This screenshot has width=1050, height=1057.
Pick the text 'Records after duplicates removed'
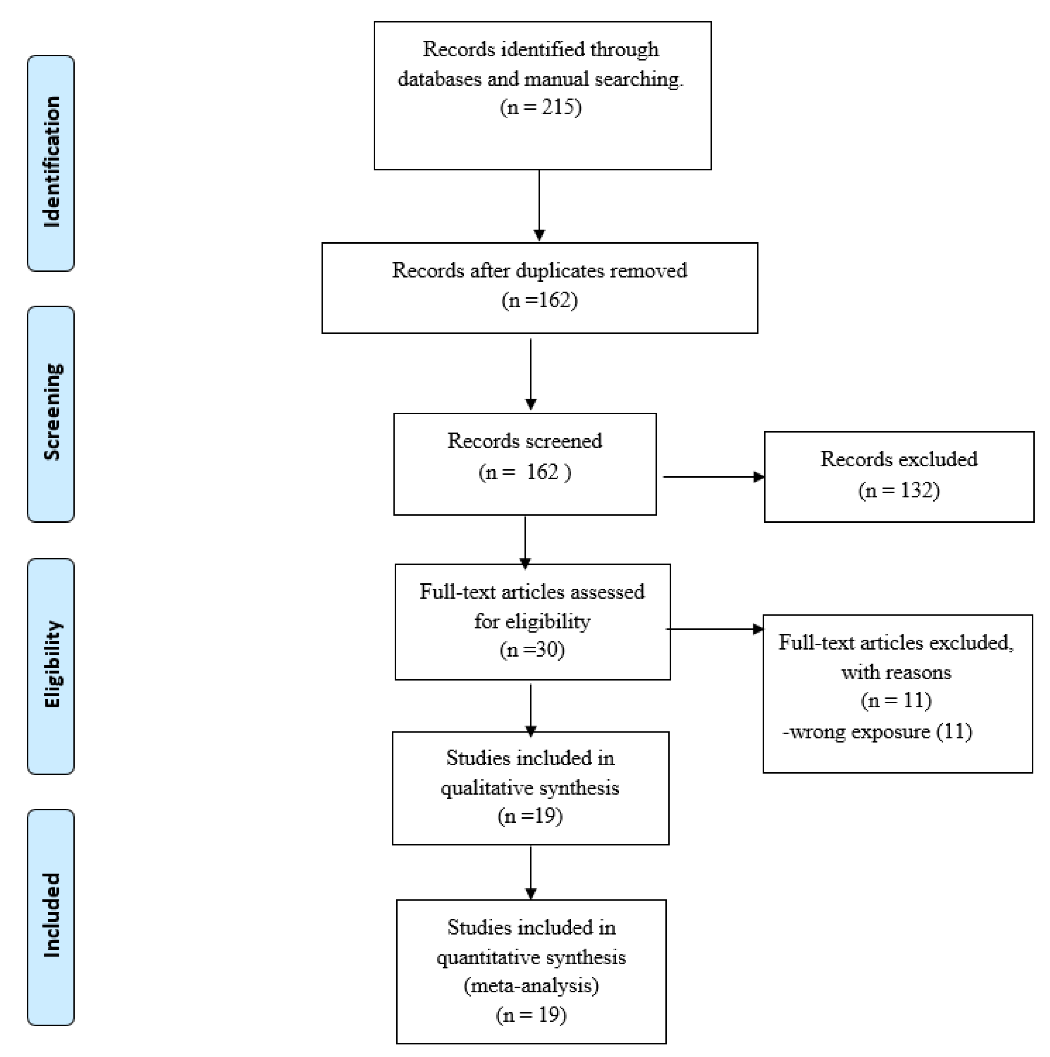point(539,270)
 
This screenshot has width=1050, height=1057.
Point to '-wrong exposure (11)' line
point(877,732)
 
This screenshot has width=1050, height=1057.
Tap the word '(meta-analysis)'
point(531,985)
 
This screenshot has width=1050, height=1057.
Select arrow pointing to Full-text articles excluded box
point(714,629)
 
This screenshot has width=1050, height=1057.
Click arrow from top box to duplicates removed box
point(539,205)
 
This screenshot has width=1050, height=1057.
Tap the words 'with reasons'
point(896,672)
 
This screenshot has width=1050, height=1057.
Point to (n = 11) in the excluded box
point(896,700)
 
